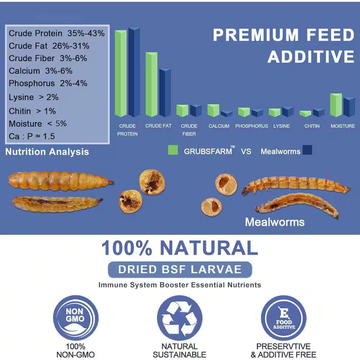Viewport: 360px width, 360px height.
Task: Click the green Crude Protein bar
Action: point(121,74)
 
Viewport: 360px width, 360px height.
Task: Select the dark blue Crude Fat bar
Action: point(165,93)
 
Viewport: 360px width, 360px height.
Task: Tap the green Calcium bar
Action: point(213,111)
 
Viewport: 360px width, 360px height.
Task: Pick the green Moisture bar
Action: point(336,105)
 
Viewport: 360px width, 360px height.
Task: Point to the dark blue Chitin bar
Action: point(318,113)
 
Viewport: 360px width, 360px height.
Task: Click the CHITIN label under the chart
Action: point(312,126)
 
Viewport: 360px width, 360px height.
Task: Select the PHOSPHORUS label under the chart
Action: point(252,126)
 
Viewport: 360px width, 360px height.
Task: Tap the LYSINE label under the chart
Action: point(282,126)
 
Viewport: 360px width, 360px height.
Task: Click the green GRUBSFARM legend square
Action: point(173,150)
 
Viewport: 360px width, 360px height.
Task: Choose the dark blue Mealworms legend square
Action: point(307,150)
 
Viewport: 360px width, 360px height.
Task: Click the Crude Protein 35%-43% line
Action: point(57,33)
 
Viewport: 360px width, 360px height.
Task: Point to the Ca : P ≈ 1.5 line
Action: point(32,136)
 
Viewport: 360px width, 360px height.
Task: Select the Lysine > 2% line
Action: point(33,97)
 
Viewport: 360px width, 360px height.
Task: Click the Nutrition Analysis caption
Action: point(47,152)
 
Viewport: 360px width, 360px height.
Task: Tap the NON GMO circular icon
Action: point(76,318)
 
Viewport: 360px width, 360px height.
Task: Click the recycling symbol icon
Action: point(180,318)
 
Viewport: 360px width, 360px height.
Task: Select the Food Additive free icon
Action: point(284,318)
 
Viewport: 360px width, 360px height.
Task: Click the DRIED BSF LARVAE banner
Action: point(180,269)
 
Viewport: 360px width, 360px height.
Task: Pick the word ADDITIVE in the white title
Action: point(311,57)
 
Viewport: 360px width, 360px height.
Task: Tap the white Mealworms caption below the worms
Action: point(275,222)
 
